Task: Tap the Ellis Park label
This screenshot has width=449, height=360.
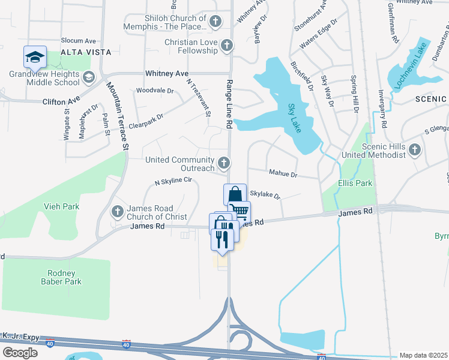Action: pyautogui.click(x=355, y=183)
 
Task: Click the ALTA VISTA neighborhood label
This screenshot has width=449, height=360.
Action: pyautogui.click(x=85, y=52)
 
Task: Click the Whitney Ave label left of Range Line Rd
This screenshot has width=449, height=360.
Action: pyautogui.click(x=167, y=73)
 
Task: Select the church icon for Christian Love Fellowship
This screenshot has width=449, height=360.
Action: pyautogui.click(x=227, y=46)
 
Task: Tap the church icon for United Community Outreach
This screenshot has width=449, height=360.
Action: pyautogui.click(x=223, y=163)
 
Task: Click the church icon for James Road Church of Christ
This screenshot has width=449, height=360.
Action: pyautogui.click(x=118, y=211)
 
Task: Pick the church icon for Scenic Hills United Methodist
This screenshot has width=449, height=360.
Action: pyautogui.click(x=415, y=150)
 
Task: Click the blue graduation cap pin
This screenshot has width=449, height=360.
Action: pyautogui.click(x=35, y=57)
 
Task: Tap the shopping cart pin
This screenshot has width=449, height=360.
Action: pyautogui.click(x=239, y=212)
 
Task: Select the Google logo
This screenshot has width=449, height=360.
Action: pyautogui.click(x=20, y=352)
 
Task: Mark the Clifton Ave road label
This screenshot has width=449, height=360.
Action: pyautogui.click(x=61, y=101)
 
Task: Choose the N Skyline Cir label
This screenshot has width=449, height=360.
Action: pyautogui.click(x=173, y=181)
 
